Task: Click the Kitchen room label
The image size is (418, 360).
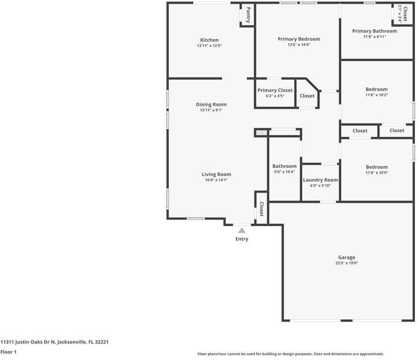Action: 209,40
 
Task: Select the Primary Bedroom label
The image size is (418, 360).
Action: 298,39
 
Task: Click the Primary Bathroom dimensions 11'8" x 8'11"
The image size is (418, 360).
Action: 374,37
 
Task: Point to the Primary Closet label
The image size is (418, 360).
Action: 275,90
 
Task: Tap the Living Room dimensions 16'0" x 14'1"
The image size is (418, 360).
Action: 216,180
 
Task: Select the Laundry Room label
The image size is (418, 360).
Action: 320,180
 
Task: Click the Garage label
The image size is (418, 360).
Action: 347,257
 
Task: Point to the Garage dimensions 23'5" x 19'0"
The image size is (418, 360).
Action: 347,263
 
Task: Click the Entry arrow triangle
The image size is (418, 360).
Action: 241,230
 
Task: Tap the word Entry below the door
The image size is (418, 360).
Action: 241,239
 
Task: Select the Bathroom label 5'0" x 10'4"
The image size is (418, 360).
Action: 284,166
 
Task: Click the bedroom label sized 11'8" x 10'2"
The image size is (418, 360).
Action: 377,89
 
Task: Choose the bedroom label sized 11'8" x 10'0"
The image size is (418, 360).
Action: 377,167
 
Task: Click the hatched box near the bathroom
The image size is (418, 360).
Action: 261,133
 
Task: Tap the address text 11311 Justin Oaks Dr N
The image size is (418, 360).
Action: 54,341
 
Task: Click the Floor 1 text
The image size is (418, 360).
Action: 8,352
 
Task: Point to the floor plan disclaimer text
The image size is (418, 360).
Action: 290,354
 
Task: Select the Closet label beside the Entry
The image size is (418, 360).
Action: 261,208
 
